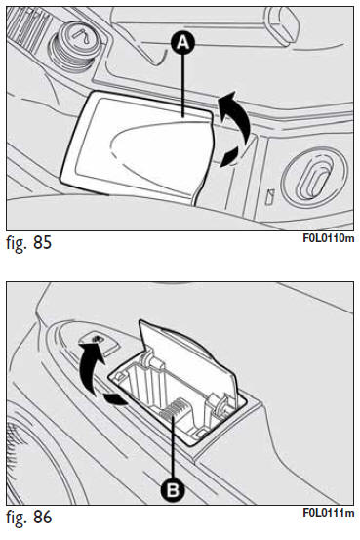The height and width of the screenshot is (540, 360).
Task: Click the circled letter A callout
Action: point(183,43)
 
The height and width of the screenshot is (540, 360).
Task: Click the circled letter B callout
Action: point(173,488)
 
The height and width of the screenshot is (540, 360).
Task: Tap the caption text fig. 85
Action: point(28,242)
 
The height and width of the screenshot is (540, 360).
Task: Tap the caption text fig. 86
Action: point(28,517)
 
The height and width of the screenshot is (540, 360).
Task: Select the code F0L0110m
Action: point(329,238)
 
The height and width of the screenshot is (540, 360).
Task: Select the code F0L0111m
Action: point(329,513)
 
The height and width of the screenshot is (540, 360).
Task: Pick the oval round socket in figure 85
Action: point(314,177)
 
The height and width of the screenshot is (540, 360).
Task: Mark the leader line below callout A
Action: point(184,86)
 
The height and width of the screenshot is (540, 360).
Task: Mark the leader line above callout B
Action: point(173,446)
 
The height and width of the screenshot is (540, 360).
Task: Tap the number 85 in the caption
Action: point(42,242)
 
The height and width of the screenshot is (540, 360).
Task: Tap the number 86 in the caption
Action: point(42,517)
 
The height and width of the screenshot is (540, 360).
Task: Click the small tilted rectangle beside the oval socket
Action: point(269,196)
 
